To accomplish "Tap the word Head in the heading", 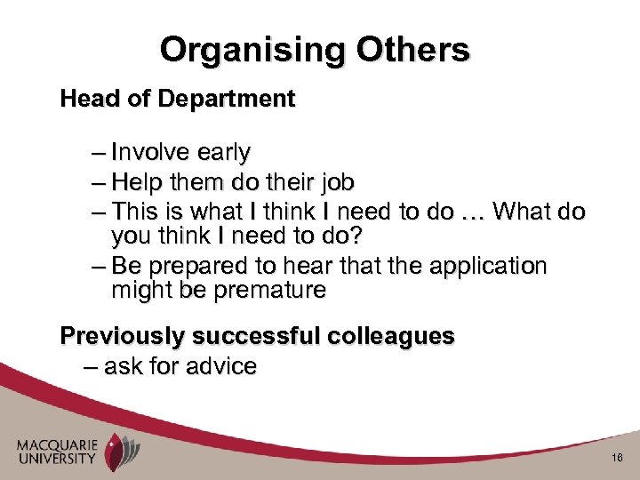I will coord(85,99).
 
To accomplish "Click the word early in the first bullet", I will coord(224,153).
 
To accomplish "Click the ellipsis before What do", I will coord(473,213).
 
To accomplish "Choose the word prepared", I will coord(194,267).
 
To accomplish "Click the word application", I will coord(488,267).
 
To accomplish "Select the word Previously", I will coord(123,337).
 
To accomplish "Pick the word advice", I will coord(221,366).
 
